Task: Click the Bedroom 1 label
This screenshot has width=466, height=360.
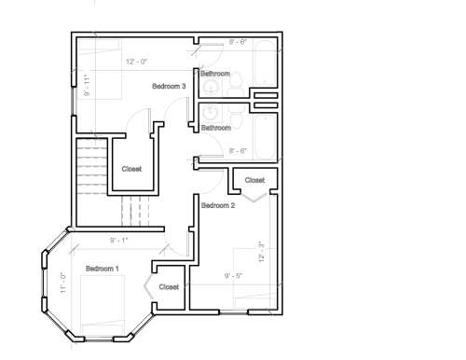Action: pyautogui.click(x=103, y=269)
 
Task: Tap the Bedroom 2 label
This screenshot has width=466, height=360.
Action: pyautogui.click(x=218, y=205)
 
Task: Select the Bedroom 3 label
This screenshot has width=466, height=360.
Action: pyautogui.click(x=169, y=86)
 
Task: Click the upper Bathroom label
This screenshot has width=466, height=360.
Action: pyautogui.click(x=215, y=74)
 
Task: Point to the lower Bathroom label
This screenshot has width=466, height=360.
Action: pyautogui.click(x=216, y=128)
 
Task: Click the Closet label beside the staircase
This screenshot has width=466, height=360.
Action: pyautogui.click(x=131, y=169)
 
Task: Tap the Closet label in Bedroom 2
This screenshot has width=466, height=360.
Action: pyautogui.click(x=254, y=180)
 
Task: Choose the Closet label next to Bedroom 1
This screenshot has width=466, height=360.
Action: pyautogui.click(x=169, y=286)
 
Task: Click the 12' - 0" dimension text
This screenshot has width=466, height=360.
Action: pyautogui.click(x=136, y=62)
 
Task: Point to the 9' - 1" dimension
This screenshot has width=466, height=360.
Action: pyautogui.click(x=119, y=241)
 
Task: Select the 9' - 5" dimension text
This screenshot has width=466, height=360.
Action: pyautogui.click(x=233, y=276)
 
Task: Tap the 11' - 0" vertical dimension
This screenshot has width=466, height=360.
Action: pyautogui.click(x=63, y=283)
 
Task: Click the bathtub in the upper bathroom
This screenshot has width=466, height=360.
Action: pyautogui.click(x=265, y=62)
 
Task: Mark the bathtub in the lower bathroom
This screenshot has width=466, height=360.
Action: pyautogui.click(x=265, y=137)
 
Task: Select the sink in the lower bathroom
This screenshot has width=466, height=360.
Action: pyautogui.click(x=212, y=113)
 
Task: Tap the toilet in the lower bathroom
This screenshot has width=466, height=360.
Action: pyautogui.click(x=237, y=118)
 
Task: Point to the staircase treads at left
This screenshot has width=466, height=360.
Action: pyautogui.click(x=92, y=167)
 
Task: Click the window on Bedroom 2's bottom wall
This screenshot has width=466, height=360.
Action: pyautogui.click(x=234, y=312)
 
